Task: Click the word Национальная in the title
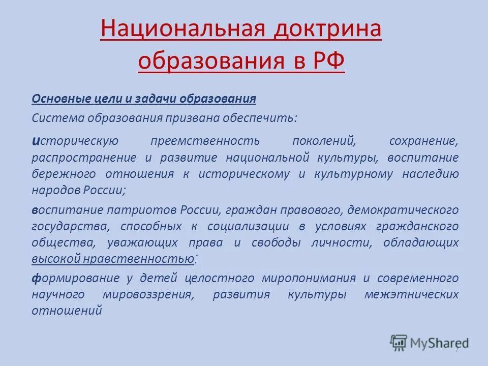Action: click(182, 30)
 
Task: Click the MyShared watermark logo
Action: click(429, 342)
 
